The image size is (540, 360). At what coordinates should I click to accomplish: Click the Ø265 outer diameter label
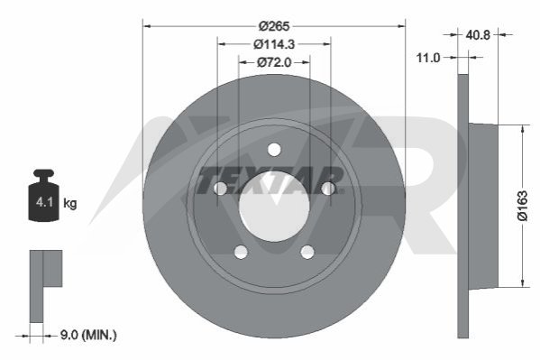tap(274, 26)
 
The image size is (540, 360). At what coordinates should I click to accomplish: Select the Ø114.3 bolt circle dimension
tap(274, 44)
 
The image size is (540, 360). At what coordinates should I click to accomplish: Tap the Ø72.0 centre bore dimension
tap(274, 62)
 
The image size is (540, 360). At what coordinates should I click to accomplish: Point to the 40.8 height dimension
tap(478, 35)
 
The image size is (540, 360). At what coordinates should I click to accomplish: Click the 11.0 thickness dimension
tap(428, 58)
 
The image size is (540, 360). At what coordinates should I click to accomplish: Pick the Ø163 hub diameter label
tap(522, 206)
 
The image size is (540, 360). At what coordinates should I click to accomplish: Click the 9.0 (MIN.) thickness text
tap(88, 335)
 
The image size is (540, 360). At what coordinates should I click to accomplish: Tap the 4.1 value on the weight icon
tap(44, 202)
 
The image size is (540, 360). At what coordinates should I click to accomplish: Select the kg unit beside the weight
tap(70, 203)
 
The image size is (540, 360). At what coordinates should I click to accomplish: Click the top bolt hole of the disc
tap(274, 150)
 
